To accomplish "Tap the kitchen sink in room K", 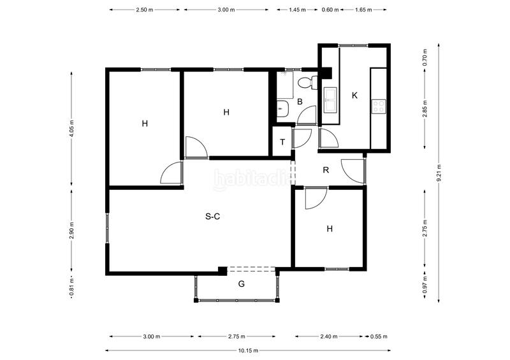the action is coord(330,99).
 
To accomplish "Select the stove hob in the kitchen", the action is coord(379,106).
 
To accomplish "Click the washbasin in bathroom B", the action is coord(282,108).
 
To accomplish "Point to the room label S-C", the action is coord(213,216).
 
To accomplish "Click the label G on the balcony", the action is coord(242,284).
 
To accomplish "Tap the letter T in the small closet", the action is coord(282,142).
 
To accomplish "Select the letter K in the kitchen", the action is coord(355,96).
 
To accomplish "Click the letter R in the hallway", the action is coord(326,169).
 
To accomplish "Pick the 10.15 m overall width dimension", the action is coord(248,350).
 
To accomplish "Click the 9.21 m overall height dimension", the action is coord(439,173).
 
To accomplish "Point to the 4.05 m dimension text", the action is coord(72,129).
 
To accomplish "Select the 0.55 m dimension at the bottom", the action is coord(379,336).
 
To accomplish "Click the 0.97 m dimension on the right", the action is coord(425,285).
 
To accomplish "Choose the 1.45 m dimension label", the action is coord(297,10).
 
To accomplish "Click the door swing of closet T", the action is coord(302,138).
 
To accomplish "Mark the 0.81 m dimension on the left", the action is coord(72,287).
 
